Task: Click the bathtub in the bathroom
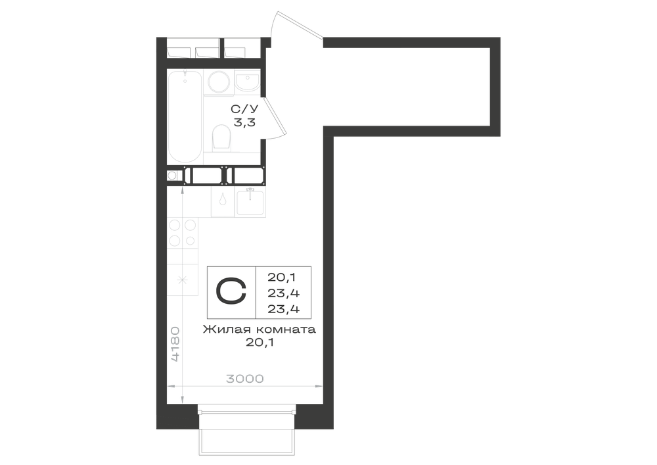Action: point(185,116)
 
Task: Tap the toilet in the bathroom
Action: point(221,137)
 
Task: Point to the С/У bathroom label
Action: point(244,109)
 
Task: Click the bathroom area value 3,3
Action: point(244,123)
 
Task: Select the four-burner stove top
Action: point(182,233)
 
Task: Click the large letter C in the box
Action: point(231,291)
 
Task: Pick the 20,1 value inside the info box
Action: point(282,277)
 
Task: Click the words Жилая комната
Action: point(260,330)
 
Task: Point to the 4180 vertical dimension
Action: point(175,344)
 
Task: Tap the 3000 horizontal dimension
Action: point(245,379)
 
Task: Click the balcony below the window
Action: point(246,434)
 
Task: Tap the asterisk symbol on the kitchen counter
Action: point(182,280)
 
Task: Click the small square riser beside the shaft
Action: point(172,176)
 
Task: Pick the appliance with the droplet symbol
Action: point(223,202)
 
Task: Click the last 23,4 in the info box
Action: point(284,309)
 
